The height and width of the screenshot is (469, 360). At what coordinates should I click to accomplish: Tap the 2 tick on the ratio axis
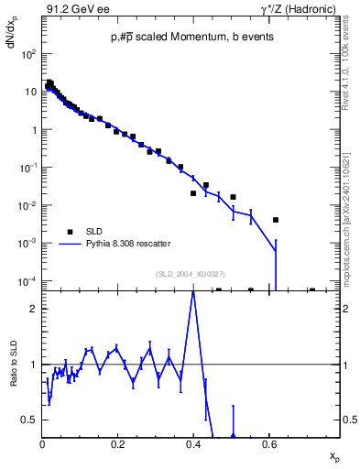coord(34,309)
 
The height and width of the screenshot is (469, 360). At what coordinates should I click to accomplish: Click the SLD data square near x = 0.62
coord(276,220)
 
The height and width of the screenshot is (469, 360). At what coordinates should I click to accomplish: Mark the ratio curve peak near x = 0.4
coord(192,292)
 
